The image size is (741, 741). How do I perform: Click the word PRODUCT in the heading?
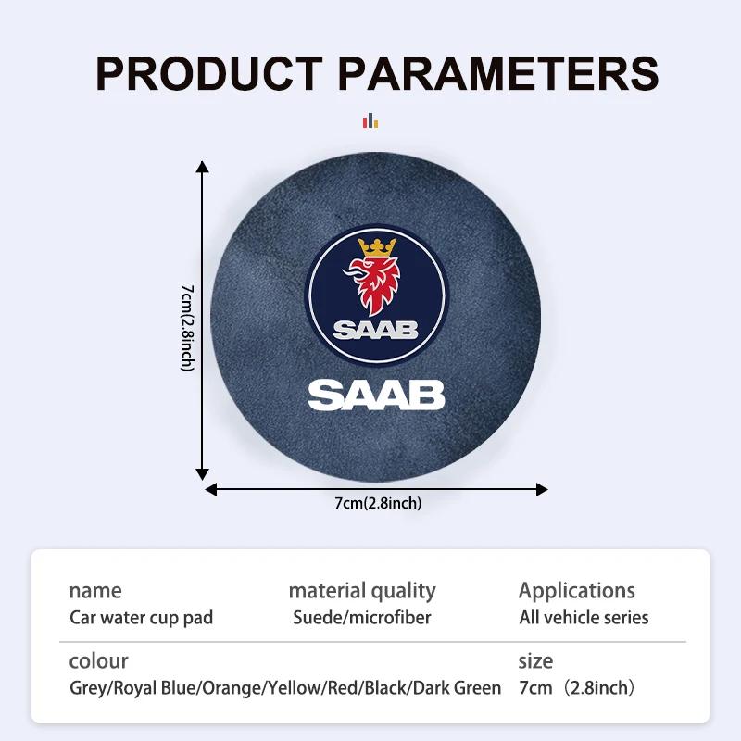point(209,73)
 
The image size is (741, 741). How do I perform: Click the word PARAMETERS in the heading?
point(498,73)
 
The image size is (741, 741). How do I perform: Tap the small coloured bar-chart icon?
point(370,120)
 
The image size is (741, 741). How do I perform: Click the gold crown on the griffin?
point(377,247)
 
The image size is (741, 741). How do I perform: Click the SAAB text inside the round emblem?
point(376,331)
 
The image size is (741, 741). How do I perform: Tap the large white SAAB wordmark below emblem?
point(376,396)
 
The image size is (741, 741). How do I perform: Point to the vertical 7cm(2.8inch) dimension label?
point(188,328)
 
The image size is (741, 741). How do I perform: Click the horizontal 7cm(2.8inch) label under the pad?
point(378,503)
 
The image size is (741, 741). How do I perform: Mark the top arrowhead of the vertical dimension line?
point(202,167)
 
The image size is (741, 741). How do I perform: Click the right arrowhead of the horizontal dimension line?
point(542,490)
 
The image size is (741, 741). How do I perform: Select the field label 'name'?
point(95,591)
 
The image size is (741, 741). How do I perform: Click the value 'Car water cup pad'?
point(142,618)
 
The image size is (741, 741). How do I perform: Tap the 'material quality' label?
point(362,591)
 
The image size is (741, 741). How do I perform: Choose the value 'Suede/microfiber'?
point(362,618)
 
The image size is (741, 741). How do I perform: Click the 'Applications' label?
point(577,591)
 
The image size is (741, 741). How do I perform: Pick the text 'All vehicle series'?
point(584,618)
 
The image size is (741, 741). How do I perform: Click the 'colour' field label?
point(99,661)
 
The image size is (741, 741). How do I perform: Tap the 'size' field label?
point(535,661)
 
